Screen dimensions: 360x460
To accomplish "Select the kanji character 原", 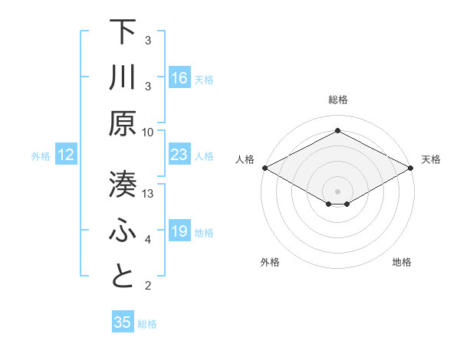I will [x=123, y=123].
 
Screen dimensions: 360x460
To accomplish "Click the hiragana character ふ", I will [x=123, y=231].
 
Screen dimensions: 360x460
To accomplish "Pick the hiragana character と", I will [x=123, y=277].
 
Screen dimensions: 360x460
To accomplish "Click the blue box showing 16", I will [x=179, y=78].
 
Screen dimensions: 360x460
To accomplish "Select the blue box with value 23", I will [x=179, y=155].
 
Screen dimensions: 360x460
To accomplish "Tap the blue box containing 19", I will [x=179, y=231].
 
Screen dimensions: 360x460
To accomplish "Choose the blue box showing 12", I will [x=67, y=155].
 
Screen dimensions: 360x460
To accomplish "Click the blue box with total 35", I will [x=123, y=322].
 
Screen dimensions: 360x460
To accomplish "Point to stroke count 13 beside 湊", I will [x=149, y=193].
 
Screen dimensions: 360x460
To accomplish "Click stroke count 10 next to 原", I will [x=149, y=132].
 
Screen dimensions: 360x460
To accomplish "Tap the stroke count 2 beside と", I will [x=149, y=286].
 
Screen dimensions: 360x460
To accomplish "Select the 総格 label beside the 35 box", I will [x=147, y=324].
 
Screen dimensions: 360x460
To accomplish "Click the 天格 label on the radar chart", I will [x=432, y=159].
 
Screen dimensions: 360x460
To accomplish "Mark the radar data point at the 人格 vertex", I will [x=264, y=168].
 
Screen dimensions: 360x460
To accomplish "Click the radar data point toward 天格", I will [x=411, y=168].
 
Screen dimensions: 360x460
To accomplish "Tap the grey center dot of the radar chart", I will [x=337, y=190].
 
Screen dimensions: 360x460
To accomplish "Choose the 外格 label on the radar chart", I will [x=270, y=263].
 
